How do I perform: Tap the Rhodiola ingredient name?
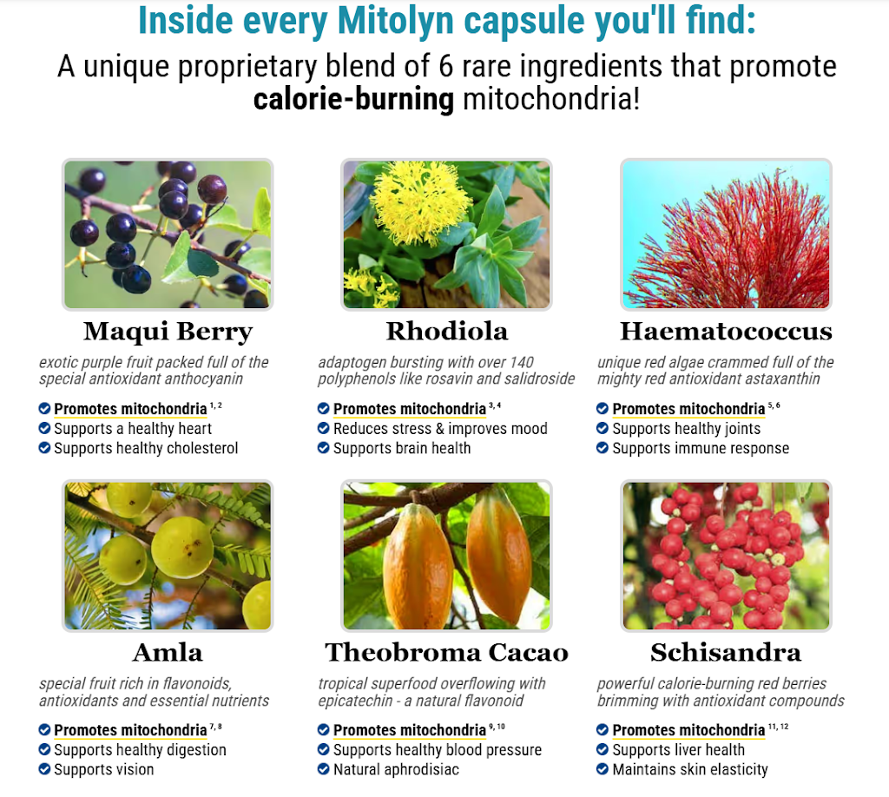coord(447,331)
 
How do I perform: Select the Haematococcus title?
coord(726,331)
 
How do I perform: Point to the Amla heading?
coord(168,653)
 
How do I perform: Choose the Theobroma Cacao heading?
coord(447,653)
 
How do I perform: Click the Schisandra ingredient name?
coord(726,653)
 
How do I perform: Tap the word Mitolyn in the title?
coord(396,21)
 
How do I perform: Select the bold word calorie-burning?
coord(353,100)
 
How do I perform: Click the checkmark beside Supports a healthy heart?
coord(44,428)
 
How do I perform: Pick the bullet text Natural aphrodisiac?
coord(396,769)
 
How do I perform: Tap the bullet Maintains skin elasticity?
coord(690,769)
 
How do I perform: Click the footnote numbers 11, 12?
coord(779,726)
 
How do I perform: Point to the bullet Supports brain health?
coord(402,448)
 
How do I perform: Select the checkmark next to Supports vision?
coord(44,769)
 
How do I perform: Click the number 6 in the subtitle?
coord(446,67)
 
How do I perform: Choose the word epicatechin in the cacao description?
coord(355,701)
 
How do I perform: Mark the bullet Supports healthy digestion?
coord(140,750)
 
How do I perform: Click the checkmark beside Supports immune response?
coord(603,448)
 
